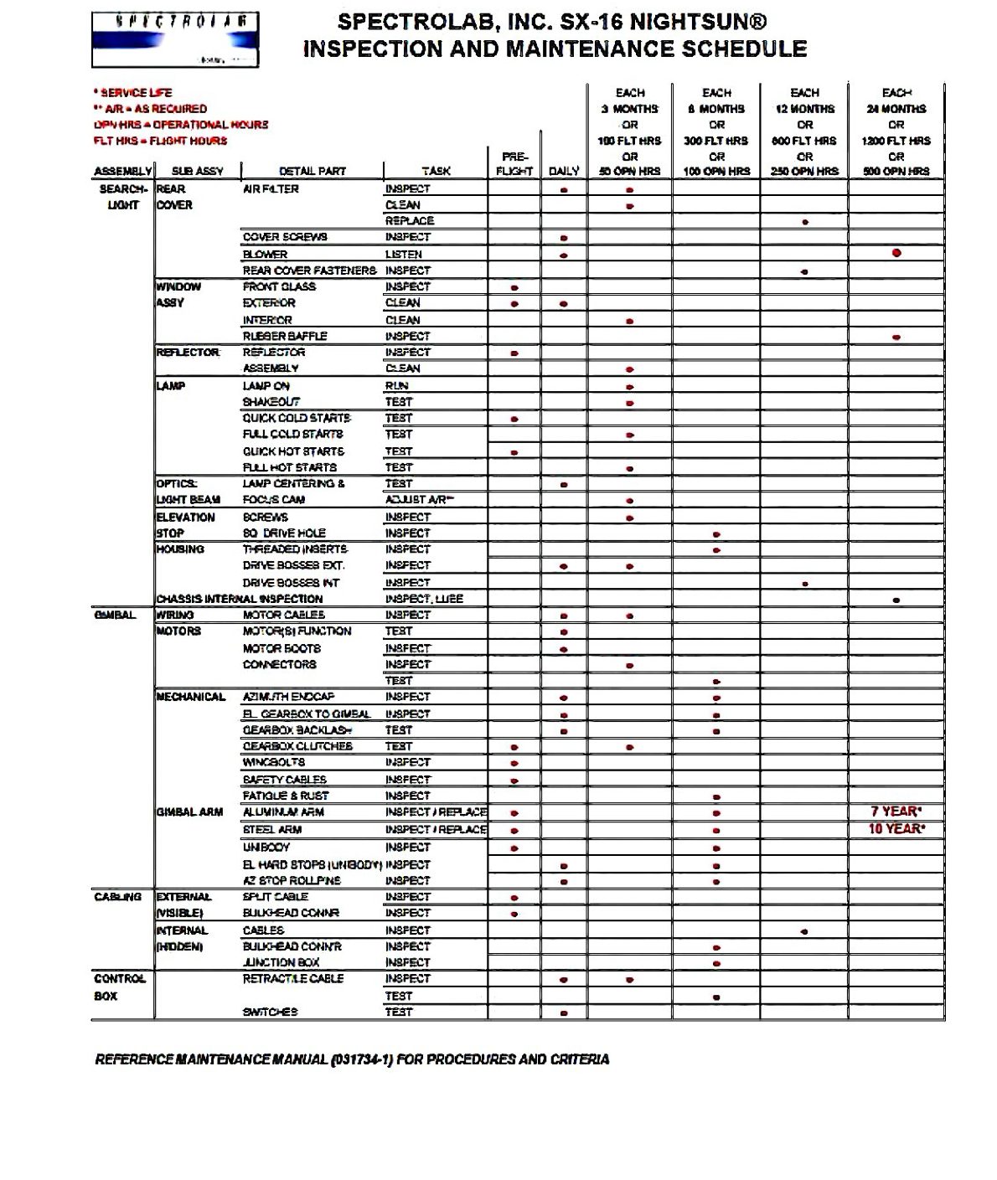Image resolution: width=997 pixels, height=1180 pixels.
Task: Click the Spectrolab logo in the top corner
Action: tap(175, 39)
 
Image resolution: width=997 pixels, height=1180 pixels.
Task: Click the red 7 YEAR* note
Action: tap(896, 812)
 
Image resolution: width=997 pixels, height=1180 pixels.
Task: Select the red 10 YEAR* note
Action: tap(896, 829)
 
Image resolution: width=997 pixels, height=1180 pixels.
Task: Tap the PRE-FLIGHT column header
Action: tap(514, 163)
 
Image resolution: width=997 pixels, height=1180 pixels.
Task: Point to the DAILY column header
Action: tap(564, 171)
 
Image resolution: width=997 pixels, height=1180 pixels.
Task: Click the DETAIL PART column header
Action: tap(313, 171)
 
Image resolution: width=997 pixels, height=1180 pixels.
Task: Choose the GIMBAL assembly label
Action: tap(115, 616)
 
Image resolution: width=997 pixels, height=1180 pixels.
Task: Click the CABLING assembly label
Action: tap(117, 897)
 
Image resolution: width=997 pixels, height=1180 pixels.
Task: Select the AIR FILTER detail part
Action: tap(271, 189)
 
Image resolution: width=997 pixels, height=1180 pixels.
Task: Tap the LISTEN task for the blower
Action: tap(404, 255)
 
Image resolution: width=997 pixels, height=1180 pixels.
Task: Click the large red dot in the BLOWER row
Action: tap(896, 253)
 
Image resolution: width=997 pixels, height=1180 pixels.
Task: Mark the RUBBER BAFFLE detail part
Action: tap(285, 337)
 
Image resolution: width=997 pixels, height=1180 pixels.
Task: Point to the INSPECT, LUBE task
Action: tap(424, 599)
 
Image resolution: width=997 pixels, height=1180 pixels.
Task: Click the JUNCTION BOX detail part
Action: tap(282, 963)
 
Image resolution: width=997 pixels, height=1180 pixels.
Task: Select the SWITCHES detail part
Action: tap(270, 1013)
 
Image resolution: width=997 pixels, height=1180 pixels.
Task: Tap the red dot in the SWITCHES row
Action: tap(564, 1013)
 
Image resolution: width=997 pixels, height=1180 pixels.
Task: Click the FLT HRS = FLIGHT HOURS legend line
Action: tap(160, 141)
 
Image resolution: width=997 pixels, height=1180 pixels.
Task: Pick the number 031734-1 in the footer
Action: tap(362, 1059)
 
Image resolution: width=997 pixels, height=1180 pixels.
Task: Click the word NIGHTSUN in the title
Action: tap(688, 23)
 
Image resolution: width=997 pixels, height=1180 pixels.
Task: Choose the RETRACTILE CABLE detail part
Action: tap(293, 979)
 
